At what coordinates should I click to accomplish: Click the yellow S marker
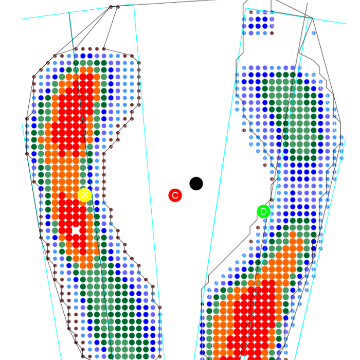[85, 195]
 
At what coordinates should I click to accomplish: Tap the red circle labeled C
[175, 195]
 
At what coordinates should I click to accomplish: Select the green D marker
[263, 211]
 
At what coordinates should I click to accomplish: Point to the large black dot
[196, 184]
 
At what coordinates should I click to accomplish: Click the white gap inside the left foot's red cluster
[76, 230]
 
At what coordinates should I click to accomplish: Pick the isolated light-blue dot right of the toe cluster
[314, 33]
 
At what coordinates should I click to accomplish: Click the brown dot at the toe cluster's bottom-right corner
[272, 33]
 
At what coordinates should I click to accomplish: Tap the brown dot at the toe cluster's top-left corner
[251, 12]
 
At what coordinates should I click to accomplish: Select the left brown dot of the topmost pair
[111, 7]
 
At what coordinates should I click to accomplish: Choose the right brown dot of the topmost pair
[118, 7]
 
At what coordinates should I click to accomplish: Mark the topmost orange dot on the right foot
[293, 235]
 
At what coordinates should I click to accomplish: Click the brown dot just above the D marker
[272, 200]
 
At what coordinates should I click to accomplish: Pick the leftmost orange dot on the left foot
[41, 139]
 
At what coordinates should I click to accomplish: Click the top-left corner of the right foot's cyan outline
[246, 8]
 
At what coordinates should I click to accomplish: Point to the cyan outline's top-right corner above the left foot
[134, 4]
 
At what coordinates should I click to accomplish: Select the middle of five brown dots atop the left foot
[90, 49]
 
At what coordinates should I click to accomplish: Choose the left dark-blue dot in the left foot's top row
[83, 56]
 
